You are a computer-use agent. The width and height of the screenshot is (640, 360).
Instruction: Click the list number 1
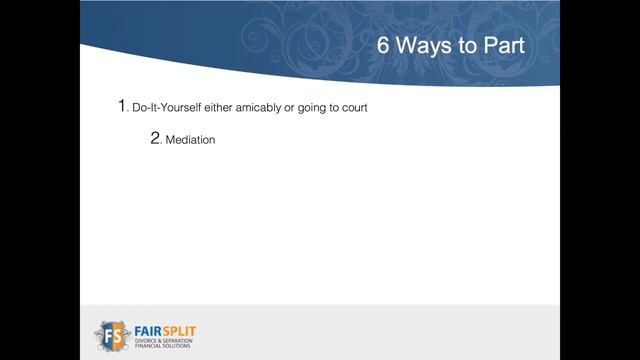point(123,106)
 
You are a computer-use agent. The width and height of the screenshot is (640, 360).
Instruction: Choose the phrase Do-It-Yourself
point(166,107)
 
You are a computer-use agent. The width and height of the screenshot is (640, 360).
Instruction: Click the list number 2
point(156,139)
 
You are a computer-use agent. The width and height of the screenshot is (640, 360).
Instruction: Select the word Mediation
point(190,140)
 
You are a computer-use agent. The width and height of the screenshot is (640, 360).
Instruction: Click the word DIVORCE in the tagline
point(149,338)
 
